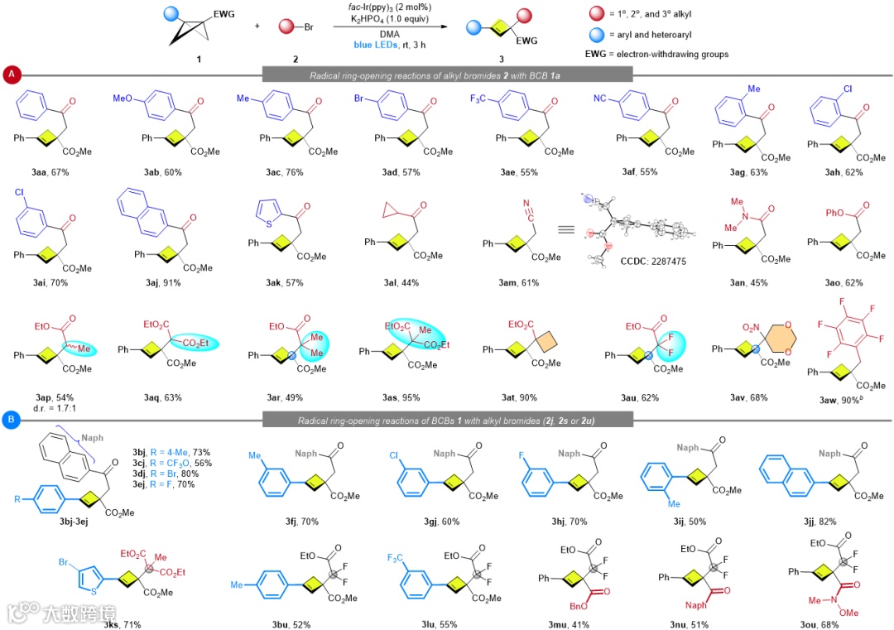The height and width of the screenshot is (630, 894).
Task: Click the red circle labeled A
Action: pyautogui.click(x=12, y=75)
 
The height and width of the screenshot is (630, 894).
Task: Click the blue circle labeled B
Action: pyautogui.click(x=12, y=420)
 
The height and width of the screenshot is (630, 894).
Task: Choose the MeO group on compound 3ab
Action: pyautogui.click(x=124, y=99)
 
